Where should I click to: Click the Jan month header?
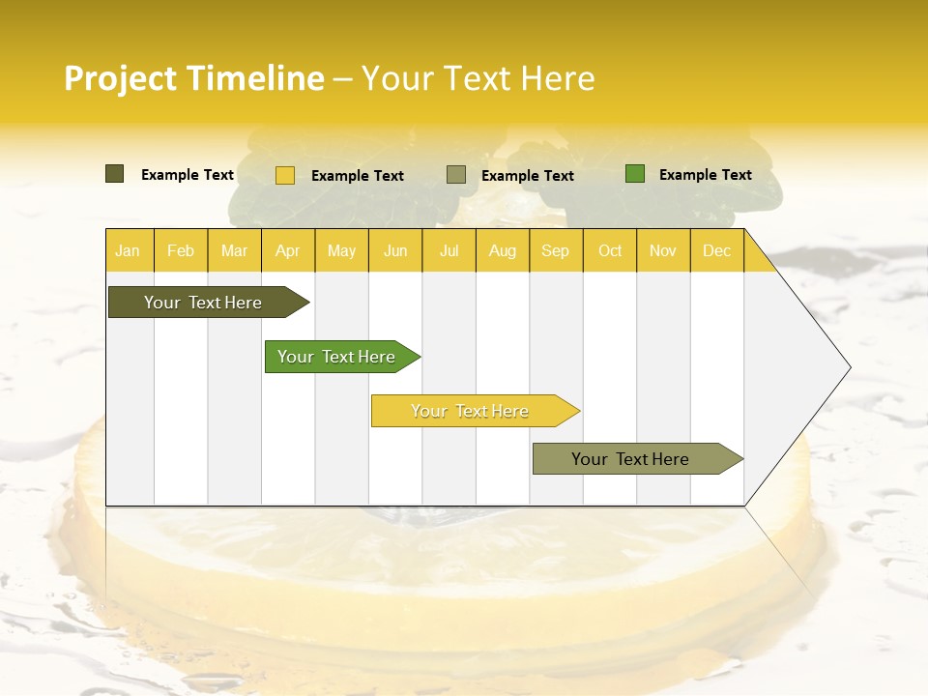coord(129,250)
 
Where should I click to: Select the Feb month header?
coord(181,250)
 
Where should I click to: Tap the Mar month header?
coord(234,250)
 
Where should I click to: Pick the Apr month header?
coord(288,250)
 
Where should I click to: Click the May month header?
coord(341,250)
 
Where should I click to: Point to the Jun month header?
coord(395,250)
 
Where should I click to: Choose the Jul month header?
coord(449,250)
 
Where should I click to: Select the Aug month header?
coord(503,250)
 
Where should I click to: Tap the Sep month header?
coord(556,250)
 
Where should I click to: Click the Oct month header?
coord(610,250)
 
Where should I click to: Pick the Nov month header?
coord(663,250)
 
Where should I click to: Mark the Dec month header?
coord(717,250)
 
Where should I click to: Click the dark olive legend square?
coord(115,174)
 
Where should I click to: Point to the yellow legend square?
coord(285,175)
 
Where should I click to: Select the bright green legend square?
coord(635,174)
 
